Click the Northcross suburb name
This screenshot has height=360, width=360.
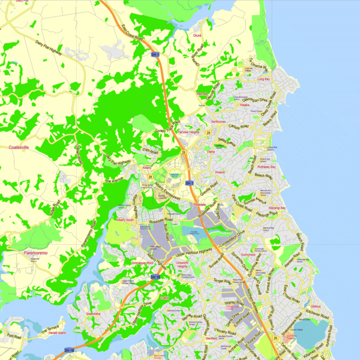[218, 122]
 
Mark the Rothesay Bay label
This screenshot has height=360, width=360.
[266, 167]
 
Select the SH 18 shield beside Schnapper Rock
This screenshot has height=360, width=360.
[155, 277]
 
